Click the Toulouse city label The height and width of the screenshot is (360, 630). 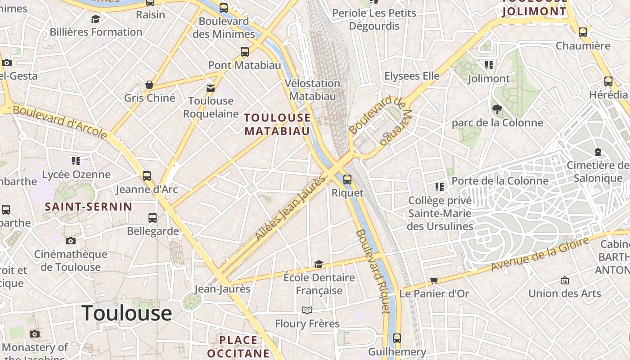[x=126, y=313]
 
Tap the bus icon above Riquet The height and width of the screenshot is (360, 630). [x=347, y=180]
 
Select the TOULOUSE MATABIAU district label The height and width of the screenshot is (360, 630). [x=277, y=124]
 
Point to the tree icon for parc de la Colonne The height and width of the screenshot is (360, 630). [x=497, y=109]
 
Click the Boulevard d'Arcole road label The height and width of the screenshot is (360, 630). [x=60, y=121]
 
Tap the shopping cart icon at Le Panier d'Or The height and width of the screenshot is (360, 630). [x=434, y=281]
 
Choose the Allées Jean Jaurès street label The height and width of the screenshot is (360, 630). [x=290, y=207]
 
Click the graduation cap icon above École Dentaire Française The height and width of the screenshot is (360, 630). [x=319, y=264]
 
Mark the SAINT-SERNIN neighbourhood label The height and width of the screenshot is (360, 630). [x=89, y=207]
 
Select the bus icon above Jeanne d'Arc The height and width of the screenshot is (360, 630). [x=147, y=175]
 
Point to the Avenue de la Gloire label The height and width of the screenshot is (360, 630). [x=540, y=254]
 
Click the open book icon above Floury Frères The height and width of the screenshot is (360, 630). [x=307, y=310]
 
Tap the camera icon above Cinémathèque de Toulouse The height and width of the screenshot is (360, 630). [x=71, y=241]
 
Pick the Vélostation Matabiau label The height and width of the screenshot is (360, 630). [x=312, y=90]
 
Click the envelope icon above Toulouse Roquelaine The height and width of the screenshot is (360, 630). [x=211, y=88]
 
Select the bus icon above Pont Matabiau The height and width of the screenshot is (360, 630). [x=244, y=52]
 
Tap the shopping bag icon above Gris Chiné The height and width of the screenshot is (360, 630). [x=149, y=85]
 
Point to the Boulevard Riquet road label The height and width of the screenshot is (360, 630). [x=372, y=271]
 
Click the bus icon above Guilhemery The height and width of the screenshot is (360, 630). [x=396, y=338]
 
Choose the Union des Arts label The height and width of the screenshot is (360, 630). [x=564, y=293]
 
